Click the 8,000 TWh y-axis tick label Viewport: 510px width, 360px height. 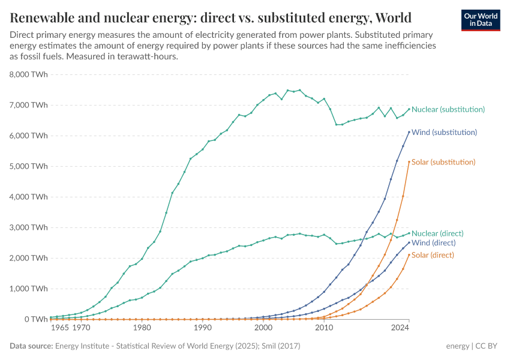pos(29,74)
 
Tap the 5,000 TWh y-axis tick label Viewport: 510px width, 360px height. pos(29,166)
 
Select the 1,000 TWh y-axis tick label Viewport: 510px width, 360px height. pos(29,289)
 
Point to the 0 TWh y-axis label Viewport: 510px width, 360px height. pos(35,319)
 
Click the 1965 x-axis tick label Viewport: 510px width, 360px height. pos(59,328)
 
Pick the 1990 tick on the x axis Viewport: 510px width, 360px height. pos(203,328)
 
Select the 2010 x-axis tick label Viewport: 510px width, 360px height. pos(324,328)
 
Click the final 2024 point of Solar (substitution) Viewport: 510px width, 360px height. pos(409,161)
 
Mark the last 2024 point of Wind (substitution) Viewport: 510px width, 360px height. pos(409,132)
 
